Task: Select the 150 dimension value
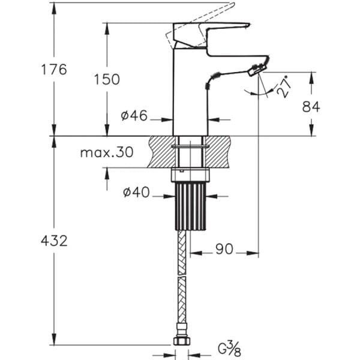pos(107,79)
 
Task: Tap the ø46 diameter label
pos(134,116)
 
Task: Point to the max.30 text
pos(106,152)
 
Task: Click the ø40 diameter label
pos(136,193)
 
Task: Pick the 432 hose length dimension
pos(54,241)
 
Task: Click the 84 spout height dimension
pos(311,106)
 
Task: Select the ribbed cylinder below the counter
pos(190,206)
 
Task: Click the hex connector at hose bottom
pos(182,340)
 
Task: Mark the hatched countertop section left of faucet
pos(160,151)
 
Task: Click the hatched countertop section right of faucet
pos(220,151)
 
